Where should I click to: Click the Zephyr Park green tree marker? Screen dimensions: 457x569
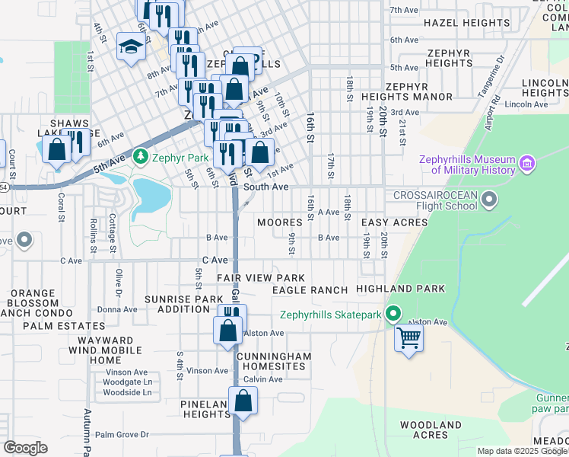click(139, 158)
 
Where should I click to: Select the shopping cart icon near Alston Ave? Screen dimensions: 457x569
click(409, 337)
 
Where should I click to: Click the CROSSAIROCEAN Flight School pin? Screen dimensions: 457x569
click(489, 200)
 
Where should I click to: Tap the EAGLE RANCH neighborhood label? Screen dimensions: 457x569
click(310, 290)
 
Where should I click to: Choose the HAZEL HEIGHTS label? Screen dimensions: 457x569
click(458, 24)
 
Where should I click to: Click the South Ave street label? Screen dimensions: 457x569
click(265, 187)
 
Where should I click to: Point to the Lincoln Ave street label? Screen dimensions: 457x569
click(526, 104)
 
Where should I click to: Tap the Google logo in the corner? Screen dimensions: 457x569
click(25, 449)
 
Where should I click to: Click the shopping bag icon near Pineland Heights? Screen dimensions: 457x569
click(243, 401)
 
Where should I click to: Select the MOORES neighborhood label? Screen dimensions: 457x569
click(279, 223)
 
